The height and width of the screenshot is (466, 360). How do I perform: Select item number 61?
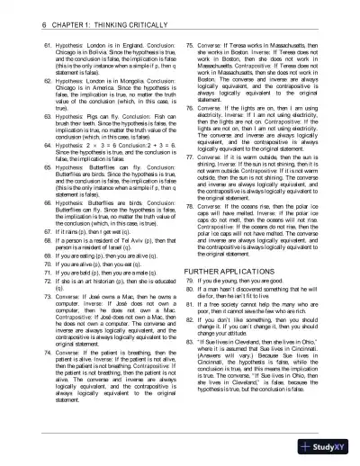(x=24, y=42)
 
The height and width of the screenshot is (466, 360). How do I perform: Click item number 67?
(x=24, y=232)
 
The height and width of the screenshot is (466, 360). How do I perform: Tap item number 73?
(x=24, y=295)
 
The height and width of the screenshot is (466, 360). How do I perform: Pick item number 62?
(x=24, y=80)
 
